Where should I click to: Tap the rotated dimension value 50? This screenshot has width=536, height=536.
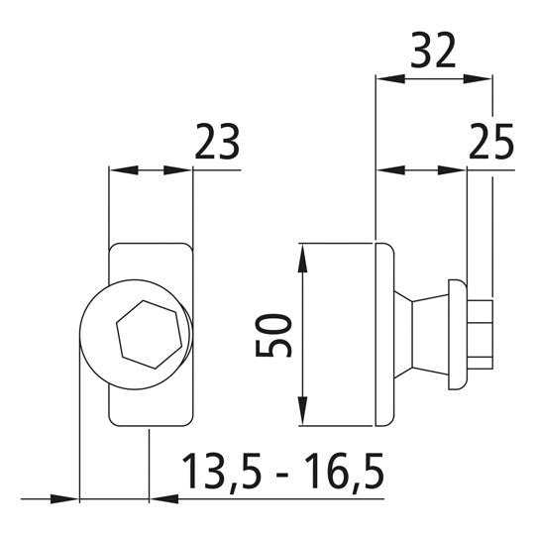(x=273, y=336)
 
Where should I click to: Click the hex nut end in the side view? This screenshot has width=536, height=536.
(x=481, y=334)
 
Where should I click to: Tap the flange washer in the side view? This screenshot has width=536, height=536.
(x=455, y=334)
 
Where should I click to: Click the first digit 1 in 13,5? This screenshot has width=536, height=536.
(x=188, y=474)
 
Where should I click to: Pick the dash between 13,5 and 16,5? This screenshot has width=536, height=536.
(x=285, y=478)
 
